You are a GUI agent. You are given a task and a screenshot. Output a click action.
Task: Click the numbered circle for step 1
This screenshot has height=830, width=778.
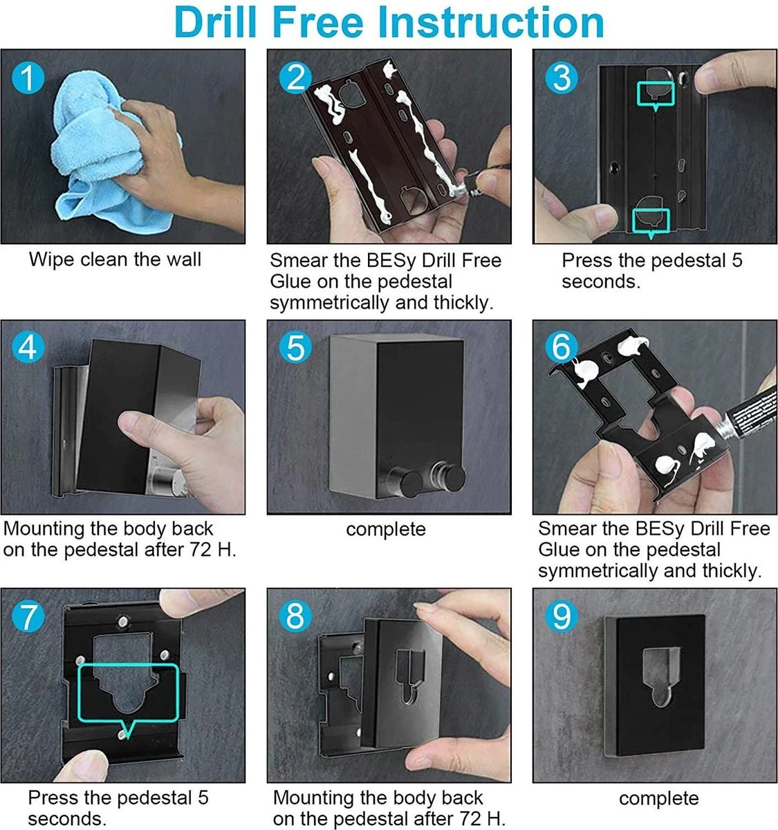(28, 78)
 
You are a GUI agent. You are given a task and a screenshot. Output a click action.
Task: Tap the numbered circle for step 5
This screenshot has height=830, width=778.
(295, 348)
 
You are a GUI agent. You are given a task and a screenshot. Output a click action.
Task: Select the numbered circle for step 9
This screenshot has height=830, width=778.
(562, 616)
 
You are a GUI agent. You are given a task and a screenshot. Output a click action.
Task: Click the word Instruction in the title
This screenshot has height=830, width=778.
(491, 23)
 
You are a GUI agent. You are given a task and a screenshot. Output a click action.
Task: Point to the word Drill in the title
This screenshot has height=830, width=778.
(215, 23)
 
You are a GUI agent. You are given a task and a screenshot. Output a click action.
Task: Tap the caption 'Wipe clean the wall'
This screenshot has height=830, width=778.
(115, 259)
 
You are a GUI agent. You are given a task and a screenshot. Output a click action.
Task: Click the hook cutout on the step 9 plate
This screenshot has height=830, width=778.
(661, 676)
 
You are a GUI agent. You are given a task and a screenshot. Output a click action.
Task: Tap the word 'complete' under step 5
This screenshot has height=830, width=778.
(386, 530)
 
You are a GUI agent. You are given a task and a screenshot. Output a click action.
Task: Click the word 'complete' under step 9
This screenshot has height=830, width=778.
(659, 799)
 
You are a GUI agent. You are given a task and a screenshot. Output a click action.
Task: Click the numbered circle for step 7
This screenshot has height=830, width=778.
(28, 616)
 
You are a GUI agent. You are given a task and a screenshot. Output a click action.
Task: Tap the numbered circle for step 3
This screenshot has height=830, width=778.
(562, 78)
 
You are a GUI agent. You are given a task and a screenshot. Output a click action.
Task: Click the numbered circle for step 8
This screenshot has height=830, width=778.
(295, 616)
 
